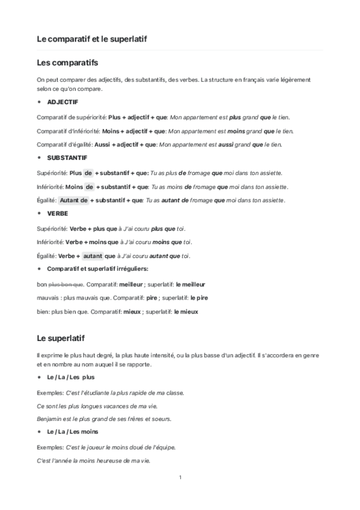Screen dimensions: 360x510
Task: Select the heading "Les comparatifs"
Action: [67, 62]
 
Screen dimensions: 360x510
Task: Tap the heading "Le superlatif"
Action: [63, 338]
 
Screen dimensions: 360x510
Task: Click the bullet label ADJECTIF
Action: [62, 102]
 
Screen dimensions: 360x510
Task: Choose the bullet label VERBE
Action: [57, 214]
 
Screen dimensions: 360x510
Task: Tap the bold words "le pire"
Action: [198, 298]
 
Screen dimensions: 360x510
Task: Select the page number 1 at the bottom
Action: [180, 478]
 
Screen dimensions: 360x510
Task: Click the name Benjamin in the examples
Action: [50, 419]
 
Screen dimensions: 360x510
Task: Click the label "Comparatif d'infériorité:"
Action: [69, 131]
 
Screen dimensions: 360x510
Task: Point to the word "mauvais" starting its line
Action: [48, 298]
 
